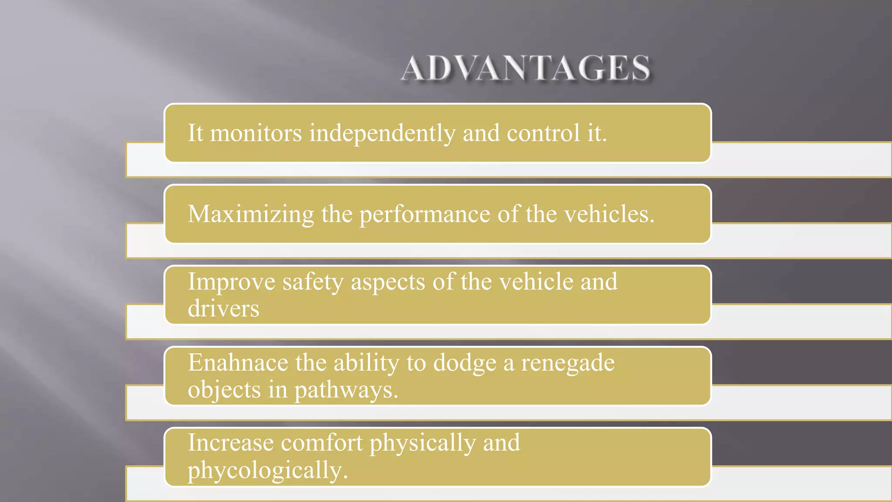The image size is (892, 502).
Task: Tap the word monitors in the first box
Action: click(256, 133)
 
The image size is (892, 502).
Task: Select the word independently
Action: click(382, 133)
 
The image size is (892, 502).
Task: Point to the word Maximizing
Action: click(251, 214)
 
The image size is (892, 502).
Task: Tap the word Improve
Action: click(231, 282)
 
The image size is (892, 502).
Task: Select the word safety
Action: click(313, 282)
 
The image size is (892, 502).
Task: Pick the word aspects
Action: click(388, 282)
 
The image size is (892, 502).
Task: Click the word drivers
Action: click(223, 309)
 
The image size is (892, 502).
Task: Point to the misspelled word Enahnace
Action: click(238, 363)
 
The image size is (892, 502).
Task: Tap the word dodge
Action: click(465, 363)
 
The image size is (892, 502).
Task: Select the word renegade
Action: click(568, 363)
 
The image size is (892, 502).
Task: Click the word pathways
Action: click(346, 390)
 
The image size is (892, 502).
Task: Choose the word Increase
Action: click(231, 443)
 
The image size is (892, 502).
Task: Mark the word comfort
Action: click(321, 443)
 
